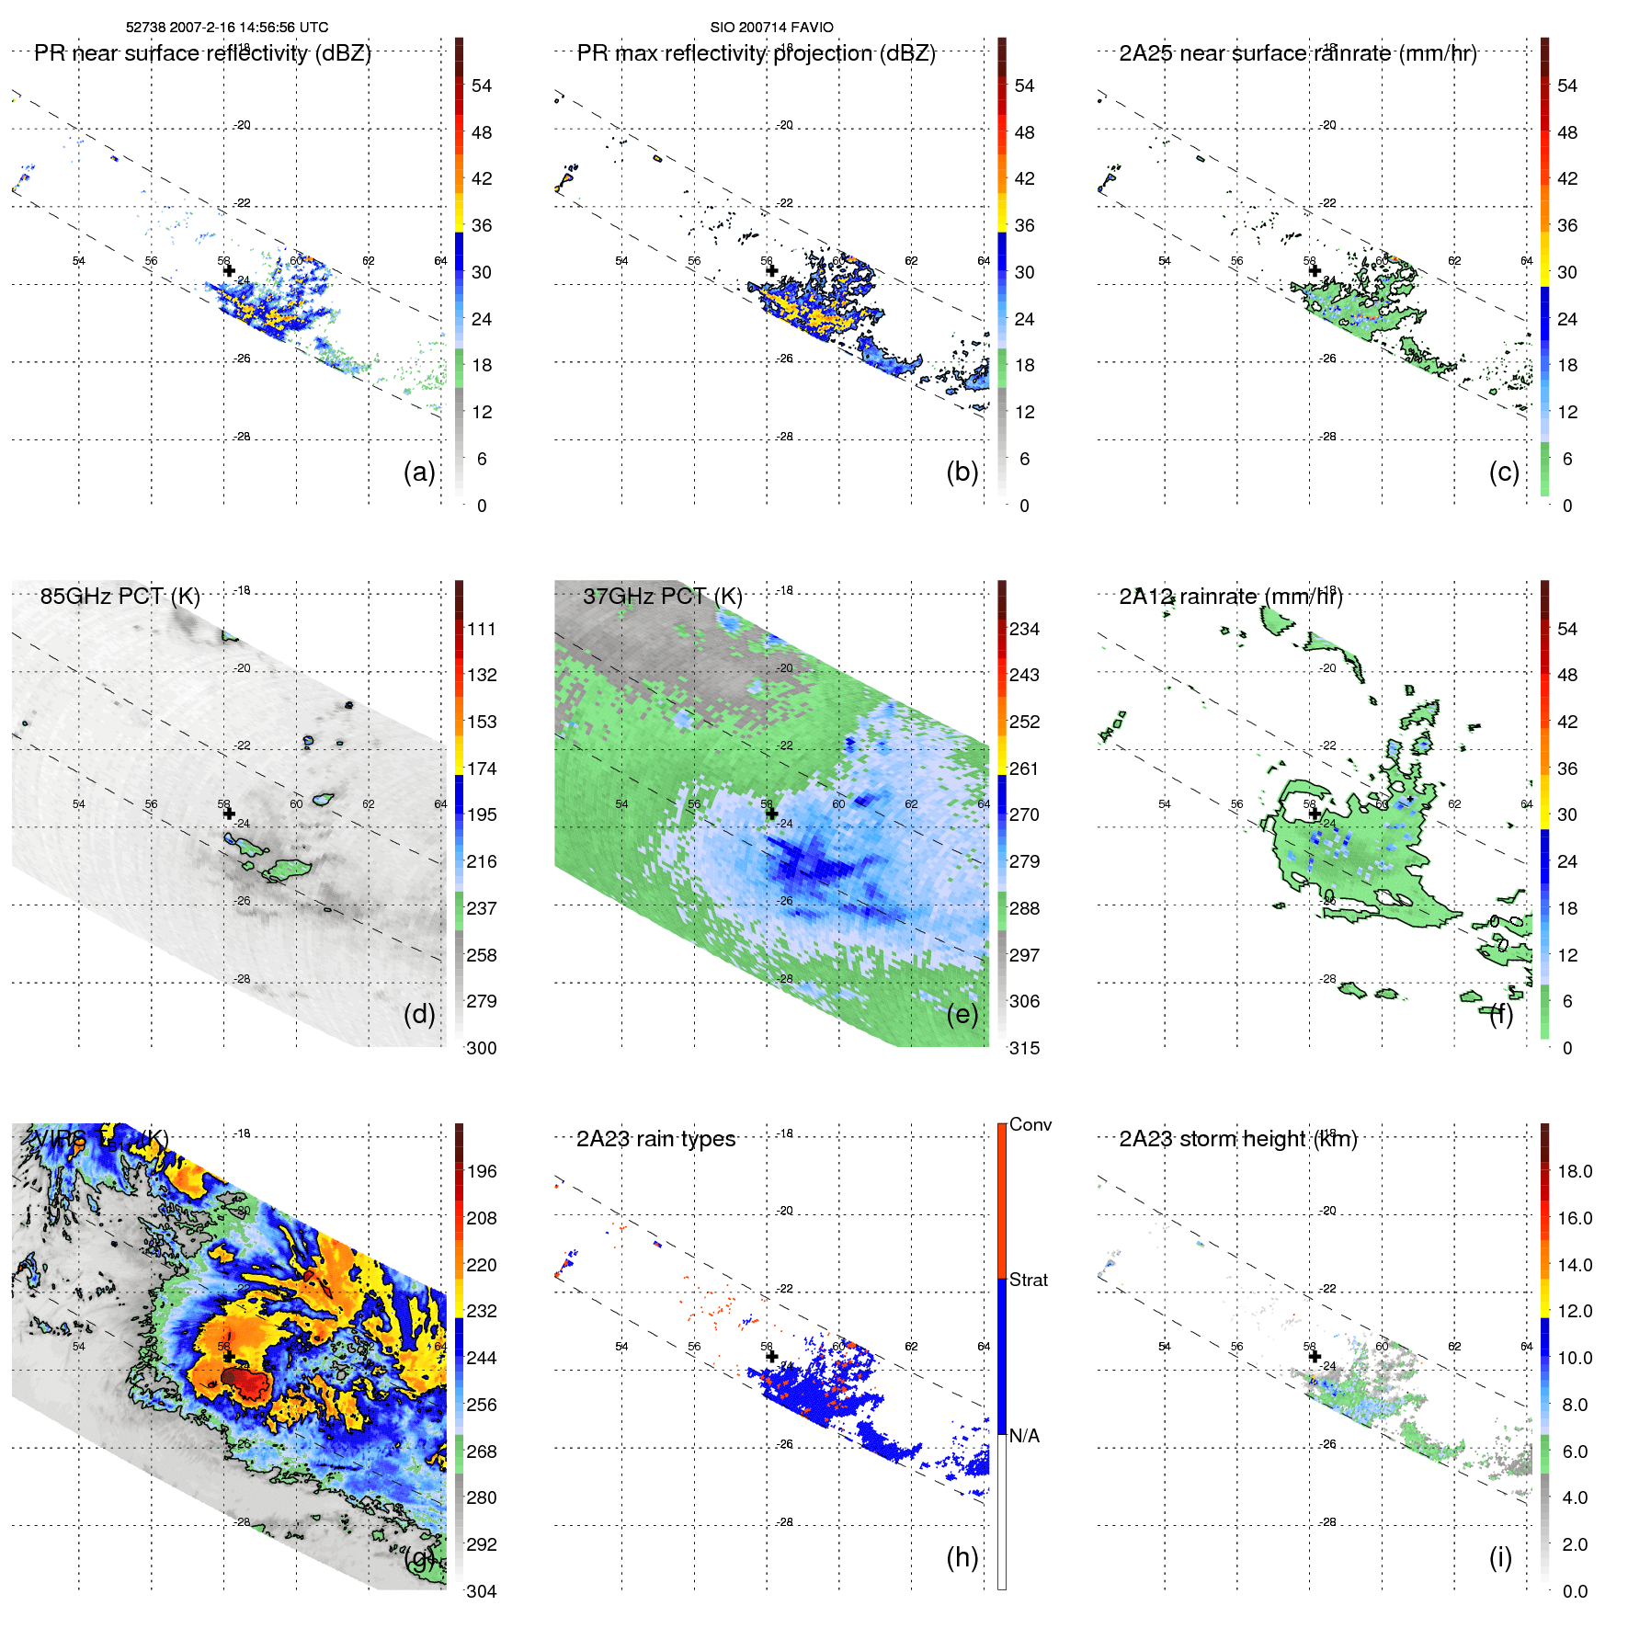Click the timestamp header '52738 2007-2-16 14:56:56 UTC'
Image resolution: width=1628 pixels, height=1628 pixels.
click(x=227, y=28)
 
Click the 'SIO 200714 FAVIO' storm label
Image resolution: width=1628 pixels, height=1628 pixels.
click(x=771, y=28)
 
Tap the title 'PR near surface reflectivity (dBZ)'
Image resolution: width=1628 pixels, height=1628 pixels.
click(x=202, y=53)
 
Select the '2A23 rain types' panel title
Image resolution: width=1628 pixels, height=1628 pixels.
click(x=655, y=1139)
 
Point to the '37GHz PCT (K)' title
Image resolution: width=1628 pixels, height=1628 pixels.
click(x=662, y=597)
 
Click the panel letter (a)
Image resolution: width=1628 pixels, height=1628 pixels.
click(x=419, y=472)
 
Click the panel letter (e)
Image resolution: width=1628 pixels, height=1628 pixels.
click(x=962, y=1014)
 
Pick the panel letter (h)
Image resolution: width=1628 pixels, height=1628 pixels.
click(x=962, y=1557)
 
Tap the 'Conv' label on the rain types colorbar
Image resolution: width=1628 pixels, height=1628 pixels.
click(x=1030, y=1124)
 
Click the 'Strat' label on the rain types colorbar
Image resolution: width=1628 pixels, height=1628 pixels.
click(x=1028, y=1280)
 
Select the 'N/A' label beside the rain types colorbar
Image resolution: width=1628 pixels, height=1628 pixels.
click(x=1025, y=1436)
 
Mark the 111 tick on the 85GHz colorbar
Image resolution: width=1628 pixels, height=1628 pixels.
click(x=481, y=629)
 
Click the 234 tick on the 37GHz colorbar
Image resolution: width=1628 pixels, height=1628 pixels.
click(x=1024, y=629)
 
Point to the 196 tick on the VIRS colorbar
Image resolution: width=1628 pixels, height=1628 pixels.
click(x=481, y=1171)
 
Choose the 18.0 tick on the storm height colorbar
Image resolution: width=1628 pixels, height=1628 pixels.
click(x=1574, y=1171)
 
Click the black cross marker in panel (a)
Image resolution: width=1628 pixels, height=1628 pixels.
click(x=229, y=270)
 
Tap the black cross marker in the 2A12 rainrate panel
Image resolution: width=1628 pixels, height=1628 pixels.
click(x=1315, y=814)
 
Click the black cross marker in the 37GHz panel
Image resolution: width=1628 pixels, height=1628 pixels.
click(x=771, y=814)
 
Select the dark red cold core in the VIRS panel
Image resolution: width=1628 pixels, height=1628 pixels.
click(x=243, y=1378)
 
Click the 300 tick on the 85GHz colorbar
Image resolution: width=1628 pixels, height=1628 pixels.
click(x=481, y=1048)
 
